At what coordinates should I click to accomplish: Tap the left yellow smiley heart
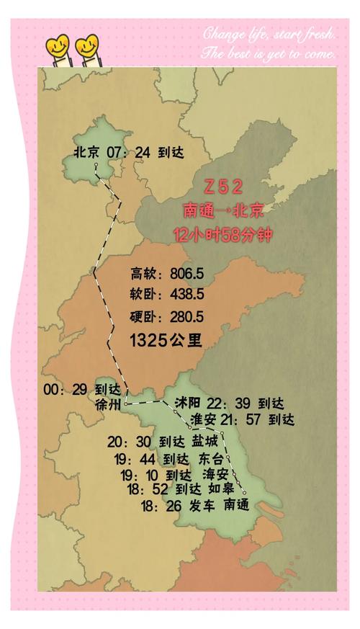coord(57,48)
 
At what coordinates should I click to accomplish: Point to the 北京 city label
coord(89,152)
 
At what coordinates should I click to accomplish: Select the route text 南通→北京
coord(223,211)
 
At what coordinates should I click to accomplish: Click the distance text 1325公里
coord(166,339)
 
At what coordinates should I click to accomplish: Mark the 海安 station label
coord(215,474)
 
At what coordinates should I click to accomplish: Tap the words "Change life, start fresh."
coord(268,32)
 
